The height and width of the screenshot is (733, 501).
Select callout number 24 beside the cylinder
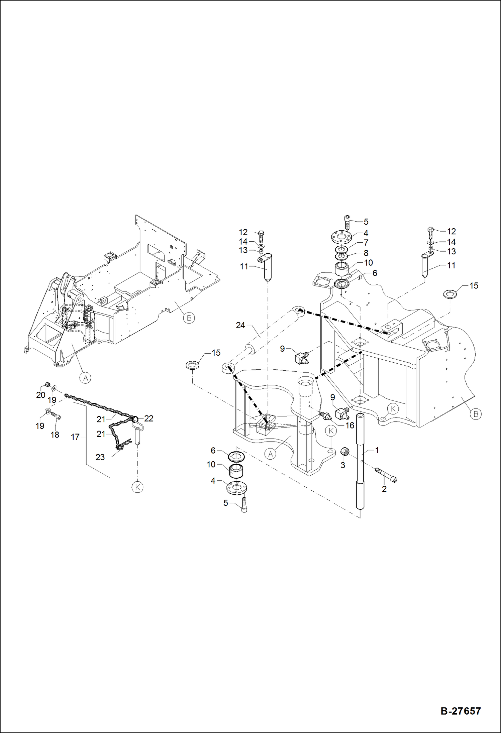[240, 325]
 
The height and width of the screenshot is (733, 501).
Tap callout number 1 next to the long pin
[377, 450]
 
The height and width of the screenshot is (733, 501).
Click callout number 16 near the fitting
[349, 425]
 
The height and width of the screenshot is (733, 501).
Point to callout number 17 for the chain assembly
[75, 437]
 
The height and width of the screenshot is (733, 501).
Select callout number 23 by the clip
[100, 457]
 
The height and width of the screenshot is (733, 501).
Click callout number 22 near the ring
[148, 418]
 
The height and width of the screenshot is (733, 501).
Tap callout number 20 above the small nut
[40, 395]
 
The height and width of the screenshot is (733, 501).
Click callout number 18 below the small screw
[55, 435]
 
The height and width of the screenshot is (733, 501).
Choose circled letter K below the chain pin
[137, 487]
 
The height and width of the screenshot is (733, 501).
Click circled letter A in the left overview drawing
[86, 378]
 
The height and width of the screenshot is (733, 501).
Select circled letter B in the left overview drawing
[189, 318]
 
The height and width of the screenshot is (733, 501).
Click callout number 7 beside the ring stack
[366, 242]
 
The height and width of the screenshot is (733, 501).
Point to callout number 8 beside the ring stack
[366, 253]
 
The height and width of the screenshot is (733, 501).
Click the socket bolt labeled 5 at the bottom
[244, 505]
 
